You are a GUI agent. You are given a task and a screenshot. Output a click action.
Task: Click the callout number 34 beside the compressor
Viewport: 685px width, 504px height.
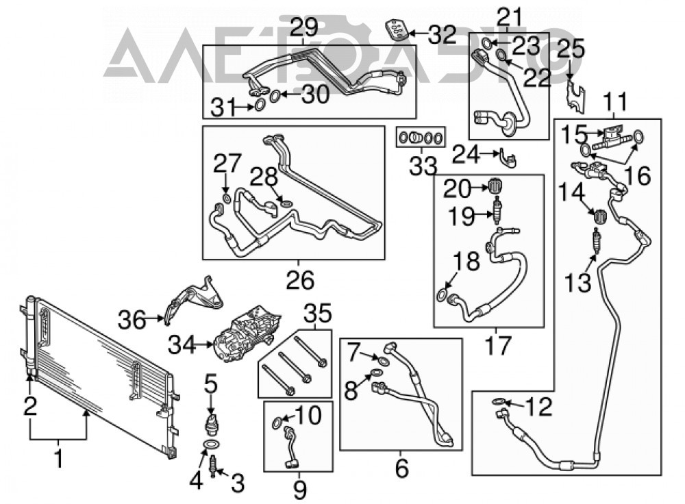pyautogui.click(x=183, y=346)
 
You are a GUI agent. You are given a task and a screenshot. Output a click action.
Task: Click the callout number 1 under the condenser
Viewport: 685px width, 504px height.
pyautogui.click(x=58, y=459)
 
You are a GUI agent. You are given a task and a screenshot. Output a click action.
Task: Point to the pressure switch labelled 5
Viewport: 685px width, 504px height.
pyautogui.click(x=211, y=424)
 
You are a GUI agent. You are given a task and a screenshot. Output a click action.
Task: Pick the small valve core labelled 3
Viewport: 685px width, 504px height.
pyautogui.click(x=214, y=466)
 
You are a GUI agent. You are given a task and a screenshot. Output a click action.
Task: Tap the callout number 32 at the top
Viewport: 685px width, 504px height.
pyautogui.click(x=443, y=34)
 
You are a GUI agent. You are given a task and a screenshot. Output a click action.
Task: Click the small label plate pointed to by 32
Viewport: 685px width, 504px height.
pyautogui.click(x=397, y=29)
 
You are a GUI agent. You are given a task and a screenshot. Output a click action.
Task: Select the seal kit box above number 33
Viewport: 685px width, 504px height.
pyautogui.click(x=421, y=138)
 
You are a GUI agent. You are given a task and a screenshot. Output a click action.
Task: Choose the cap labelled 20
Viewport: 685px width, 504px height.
pyautogui.click(x=495, y=186)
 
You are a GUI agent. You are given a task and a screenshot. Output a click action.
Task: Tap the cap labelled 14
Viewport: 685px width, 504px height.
pyautogui.click(x=600, y=216)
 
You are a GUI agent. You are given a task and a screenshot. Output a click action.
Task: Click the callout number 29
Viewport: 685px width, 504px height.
pyautogui.click(x=305, y=28)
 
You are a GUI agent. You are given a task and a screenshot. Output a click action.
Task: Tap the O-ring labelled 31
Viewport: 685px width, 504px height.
pyautogui.click(x=259, y=105)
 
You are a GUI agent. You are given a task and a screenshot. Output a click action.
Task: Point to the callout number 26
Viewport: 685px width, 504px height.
pyautogui.click(x=300, y=279)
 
